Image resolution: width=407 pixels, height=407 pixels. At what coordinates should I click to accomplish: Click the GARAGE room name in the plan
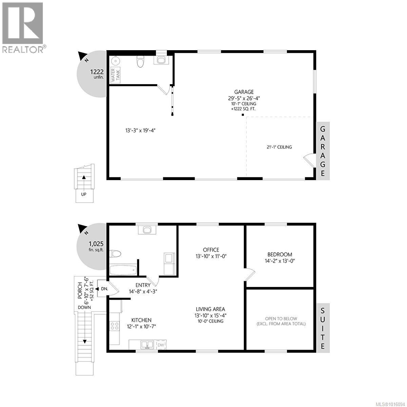(x=244, y=92)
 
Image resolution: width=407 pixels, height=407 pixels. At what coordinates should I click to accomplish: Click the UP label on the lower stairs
(x=83, y=194)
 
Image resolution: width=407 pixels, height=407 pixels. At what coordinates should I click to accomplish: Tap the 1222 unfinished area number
(x=96, y=72)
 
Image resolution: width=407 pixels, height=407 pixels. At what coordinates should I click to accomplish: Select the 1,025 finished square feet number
(x=96, y=244)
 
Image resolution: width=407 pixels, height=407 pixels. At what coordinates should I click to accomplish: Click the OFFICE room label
(x=211, y=250)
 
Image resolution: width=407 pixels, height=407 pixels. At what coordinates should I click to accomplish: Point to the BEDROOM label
(x=279, y=254)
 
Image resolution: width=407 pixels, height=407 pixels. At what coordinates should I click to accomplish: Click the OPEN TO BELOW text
(x=281, y=319)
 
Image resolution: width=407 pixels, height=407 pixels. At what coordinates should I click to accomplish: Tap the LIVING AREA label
(x=211, y=309)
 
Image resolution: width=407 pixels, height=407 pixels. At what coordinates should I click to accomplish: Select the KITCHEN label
(x=141, y=320)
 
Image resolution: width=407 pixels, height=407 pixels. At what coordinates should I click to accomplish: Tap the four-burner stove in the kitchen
(x=114, y=326)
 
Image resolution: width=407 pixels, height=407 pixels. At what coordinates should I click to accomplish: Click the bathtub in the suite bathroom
(x=123, y=270)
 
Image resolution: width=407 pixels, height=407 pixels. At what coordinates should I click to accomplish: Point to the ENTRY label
(x=143, y=285)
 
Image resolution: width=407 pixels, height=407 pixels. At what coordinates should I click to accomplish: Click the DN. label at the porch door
(x=104, y=289)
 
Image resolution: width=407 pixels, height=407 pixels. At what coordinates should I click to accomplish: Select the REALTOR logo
(x=23, y=27)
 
